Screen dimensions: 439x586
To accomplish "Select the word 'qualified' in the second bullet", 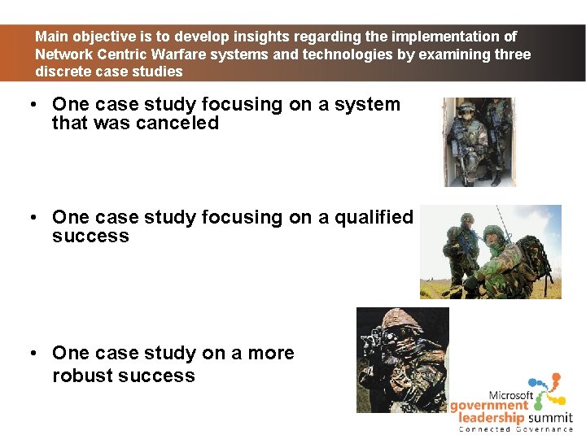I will click(373, 218).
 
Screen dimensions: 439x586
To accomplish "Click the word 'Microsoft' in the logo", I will click(510, 395).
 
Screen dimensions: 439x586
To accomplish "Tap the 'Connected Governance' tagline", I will click(515, 428).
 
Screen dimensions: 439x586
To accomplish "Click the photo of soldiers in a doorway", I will click(479, 142).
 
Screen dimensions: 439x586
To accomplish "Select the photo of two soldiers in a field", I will click(490, 252).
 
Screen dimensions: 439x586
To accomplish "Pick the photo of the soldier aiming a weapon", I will click(402, 359).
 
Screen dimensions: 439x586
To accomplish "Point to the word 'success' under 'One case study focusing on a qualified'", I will click(90, 237).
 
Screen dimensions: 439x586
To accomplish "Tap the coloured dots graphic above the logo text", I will click(544, 389).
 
